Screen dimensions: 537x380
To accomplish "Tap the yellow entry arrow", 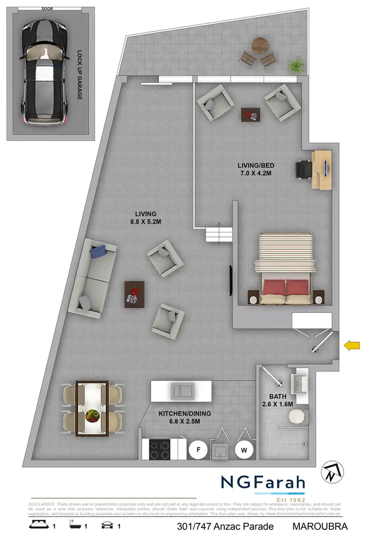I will pyautogui.click(x=352, y=346).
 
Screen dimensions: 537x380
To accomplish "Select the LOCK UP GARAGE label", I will pyautogui.click(x=80, y=74).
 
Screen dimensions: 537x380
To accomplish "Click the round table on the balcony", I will pyautogui.click(x=260, y=44).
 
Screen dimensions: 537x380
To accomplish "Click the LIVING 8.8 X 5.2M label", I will pyautogui.click(x=145, y=218).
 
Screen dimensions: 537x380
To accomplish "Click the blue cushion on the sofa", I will pyautogui.click(x=98, y=251).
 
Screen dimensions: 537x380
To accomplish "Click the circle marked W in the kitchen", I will pyautogui.click(x=244, y=449).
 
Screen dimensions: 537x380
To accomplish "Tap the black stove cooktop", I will pyautogui.click(x=160, y=449).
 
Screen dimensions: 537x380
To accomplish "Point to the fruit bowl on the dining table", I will pyautogui.click(x=92, y=416).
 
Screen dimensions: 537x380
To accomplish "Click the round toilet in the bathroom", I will pyautogui.click(x=295, y=416).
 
